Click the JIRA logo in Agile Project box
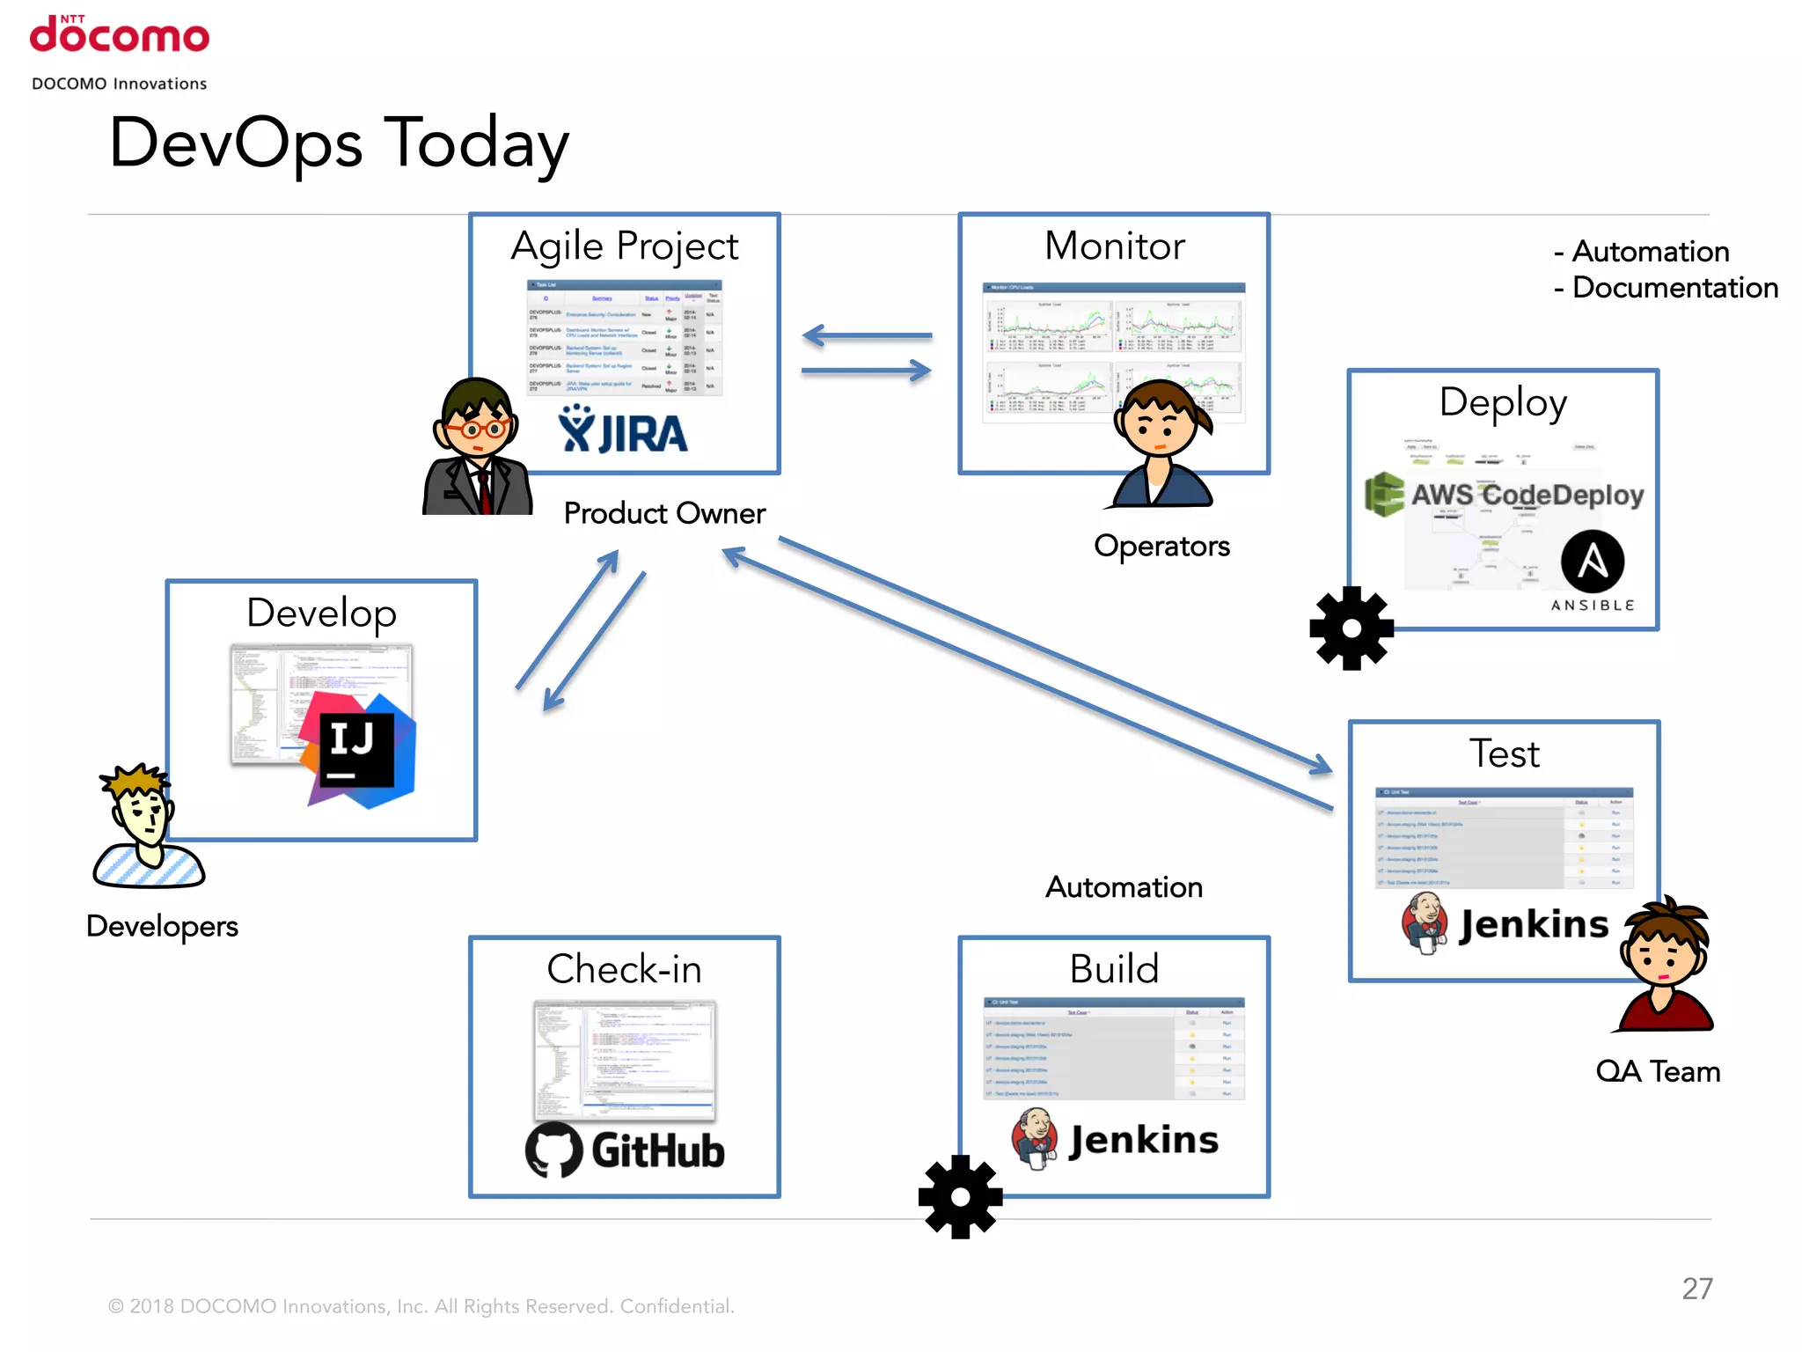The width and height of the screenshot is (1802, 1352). coord(623,431)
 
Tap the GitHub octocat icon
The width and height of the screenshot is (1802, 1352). coord(553,1150)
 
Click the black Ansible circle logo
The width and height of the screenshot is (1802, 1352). coord(1593,561)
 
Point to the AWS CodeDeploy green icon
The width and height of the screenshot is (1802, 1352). coord(1384,495)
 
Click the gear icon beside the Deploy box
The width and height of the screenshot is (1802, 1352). coord(1351,628)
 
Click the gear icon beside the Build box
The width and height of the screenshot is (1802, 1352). coord(960,1197)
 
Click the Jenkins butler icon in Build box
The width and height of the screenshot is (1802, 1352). coord(1035,1138)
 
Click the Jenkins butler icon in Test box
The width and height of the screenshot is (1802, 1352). coord(1425,922)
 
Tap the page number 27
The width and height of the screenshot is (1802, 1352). coord(1697,1289)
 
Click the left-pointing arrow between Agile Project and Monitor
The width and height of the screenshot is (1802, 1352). coord(867,335)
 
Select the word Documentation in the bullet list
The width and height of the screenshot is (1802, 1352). coord(1674,288)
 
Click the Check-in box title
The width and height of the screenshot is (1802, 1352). coord(624,969)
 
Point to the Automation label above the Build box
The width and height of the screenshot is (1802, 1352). coord(1124,887)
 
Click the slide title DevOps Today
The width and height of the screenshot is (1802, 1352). coord(339,143)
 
